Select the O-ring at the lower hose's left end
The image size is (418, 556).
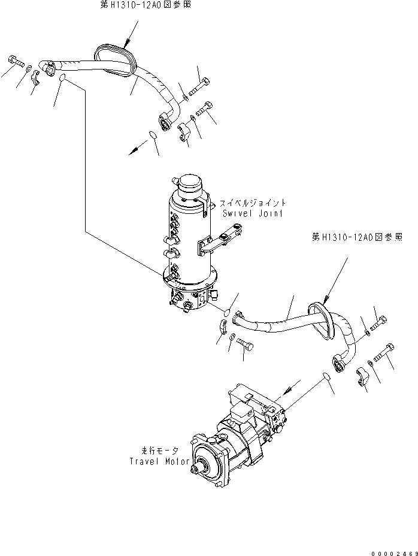tap(227, 312)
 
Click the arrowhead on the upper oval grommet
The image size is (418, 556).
tap(127, 43)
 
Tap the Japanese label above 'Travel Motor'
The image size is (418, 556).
tap(158, 450)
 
